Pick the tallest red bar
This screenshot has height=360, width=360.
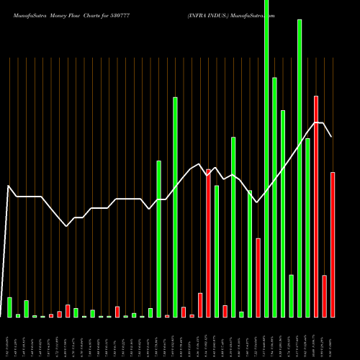pyautogui.click(x=316, y=205)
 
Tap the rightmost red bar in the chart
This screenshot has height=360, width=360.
pyautogui.click(x=333, y=245)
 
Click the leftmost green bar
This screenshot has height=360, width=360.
pyautogui.click(x=9, y=307)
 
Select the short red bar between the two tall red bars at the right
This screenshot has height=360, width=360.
pyautogui.click(x=325, y=296)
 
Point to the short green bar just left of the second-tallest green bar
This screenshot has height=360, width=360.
pyautogui.click(x=291, y=296)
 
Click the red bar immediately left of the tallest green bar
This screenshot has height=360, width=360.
pyautogui.click(x=258, y=277)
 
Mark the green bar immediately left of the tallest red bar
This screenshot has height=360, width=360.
pyautogui.click(x=307, y=227)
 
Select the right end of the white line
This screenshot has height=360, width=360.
pyautogui.click(x=332, y=136)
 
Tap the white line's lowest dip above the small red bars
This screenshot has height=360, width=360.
pyautogui.click(x=67, y=226)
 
